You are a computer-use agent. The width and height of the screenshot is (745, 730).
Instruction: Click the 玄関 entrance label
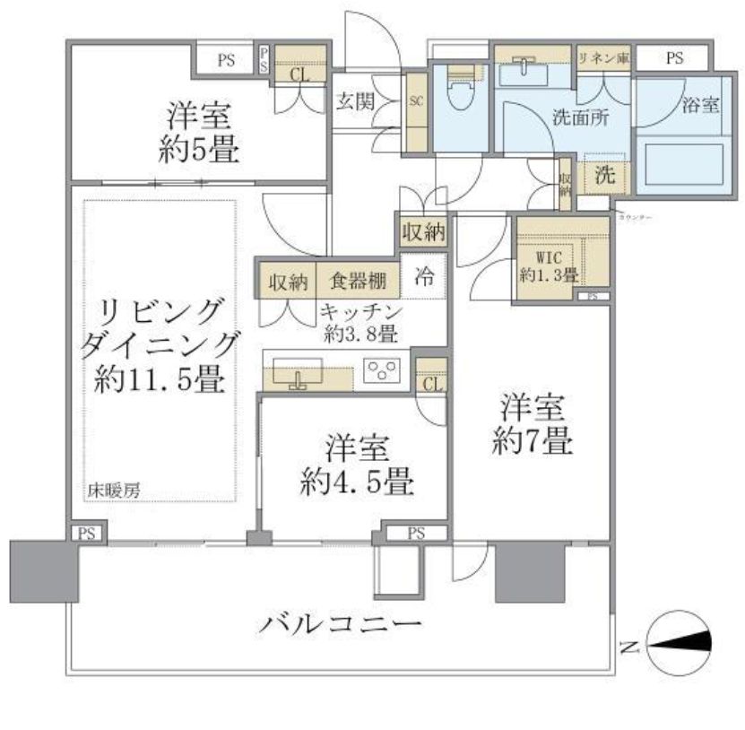(355, 100)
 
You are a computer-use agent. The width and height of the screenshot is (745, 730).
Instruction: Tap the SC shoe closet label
(416, 101)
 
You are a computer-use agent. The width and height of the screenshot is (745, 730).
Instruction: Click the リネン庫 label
(603, 58)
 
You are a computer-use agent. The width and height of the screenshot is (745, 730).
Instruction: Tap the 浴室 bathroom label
(700, 105)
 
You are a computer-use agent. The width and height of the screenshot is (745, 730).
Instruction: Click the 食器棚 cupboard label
(357, 282)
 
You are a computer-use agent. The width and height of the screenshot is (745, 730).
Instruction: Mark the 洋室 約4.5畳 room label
(356, 465)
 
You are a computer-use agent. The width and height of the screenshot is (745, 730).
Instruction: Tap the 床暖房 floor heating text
(112, 491)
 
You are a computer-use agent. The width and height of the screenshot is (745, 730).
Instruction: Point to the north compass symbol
(679, 642)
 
